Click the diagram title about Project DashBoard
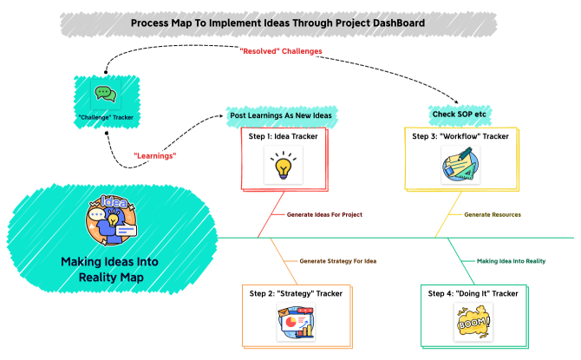[277, 23]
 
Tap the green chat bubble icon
[104, 94]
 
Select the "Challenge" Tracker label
[103, 117]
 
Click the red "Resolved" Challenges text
[280, 51]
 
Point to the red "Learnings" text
[155, 154]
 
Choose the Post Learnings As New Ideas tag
[281, 115]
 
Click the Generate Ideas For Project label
[324, 213]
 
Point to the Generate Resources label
[493, 213]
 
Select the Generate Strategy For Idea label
[337, 260]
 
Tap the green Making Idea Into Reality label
[511, 260]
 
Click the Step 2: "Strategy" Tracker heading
[296, 293]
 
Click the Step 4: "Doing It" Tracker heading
[473, 293]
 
